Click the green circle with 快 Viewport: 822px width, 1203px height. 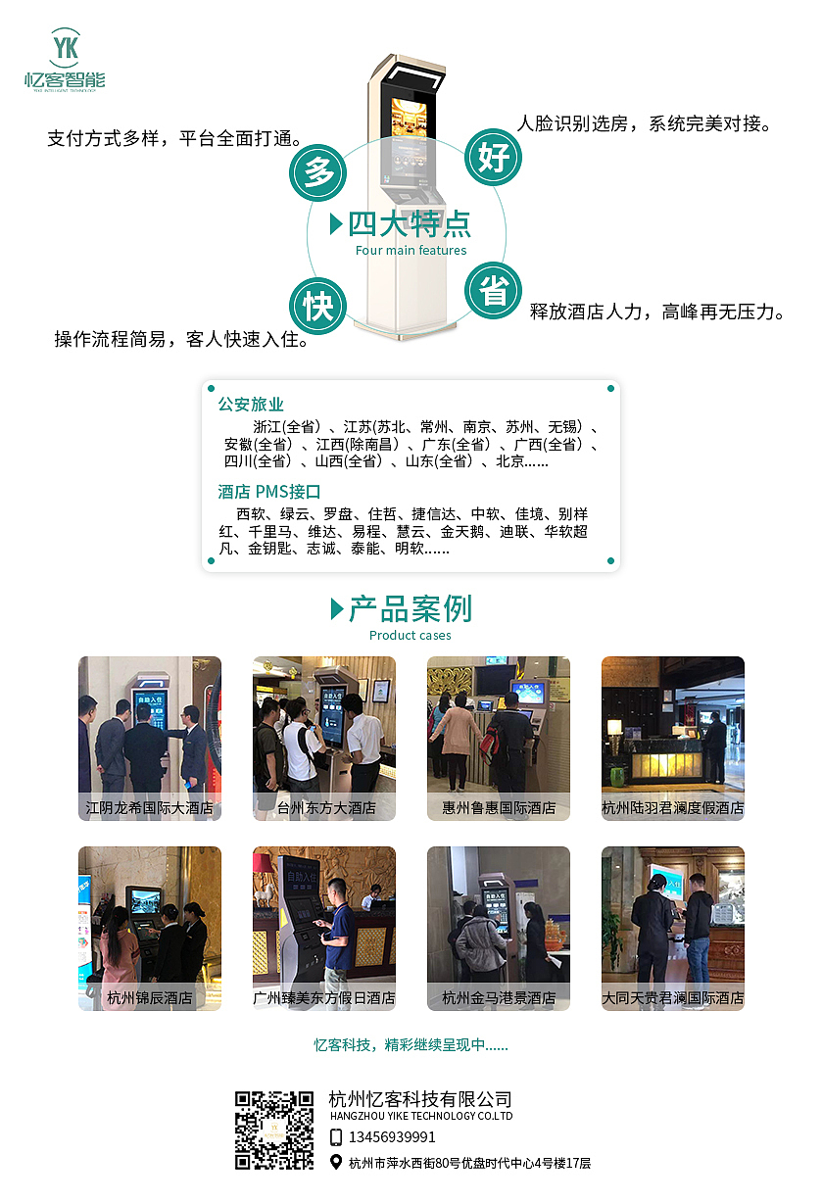[318, 306]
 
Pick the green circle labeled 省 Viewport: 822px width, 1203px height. [492, 290]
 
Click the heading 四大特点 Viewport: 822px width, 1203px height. [410, 223]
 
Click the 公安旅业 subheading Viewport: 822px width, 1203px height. [251, 404]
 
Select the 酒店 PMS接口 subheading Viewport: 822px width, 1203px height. [269, 491]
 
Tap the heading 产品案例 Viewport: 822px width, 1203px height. [411, 608]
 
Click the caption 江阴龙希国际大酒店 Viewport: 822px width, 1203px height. [150, 808]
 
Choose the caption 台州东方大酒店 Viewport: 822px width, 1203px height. [324, 808]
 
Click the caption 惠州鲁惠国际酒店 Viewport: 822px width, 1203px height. [499, 808]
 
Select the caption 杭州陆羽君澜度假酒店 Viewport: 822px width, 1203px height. [673, 808]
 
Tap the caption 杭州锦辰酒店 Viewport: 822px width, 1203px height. [150, 998]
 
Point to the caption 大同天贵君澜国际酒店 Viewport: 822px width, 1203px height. [673, 998]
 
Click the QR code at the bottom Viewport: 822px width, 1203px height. [274, 1130]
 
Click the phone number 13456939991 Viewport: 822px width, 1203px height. [392, 1137]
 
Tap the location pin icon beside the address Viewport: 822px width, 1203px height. [336, 1163]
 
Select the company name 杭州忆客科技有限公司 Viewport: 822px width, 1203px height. [420, 1099]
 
